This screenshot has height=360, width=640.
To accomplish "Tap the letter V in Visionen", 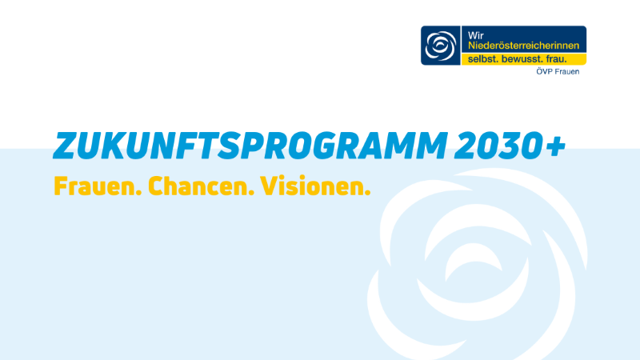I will click(x=270, y=186).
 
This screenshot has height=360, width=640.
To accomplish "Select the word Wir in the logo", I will click(x=475, y=35).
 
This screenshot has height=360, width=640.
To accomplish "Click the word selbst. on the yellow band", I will click(x=482, y=59).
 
